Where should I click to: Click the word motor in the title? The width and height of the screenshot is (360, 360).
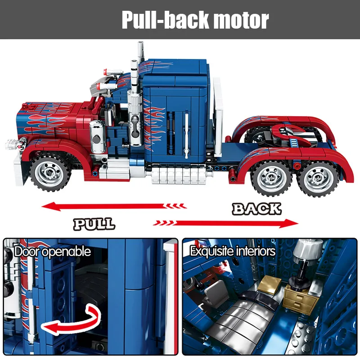[240, 20]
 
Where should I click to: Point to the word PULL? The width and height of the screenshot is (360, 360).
[94, 224]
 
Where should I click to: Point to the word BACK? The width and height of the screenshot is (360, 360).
[256, 209]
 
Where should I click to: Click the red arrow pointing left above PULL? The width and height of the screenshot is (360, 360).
[112, 207]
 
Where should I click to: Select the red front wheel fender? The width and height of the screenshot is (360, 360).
[58, 146]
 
